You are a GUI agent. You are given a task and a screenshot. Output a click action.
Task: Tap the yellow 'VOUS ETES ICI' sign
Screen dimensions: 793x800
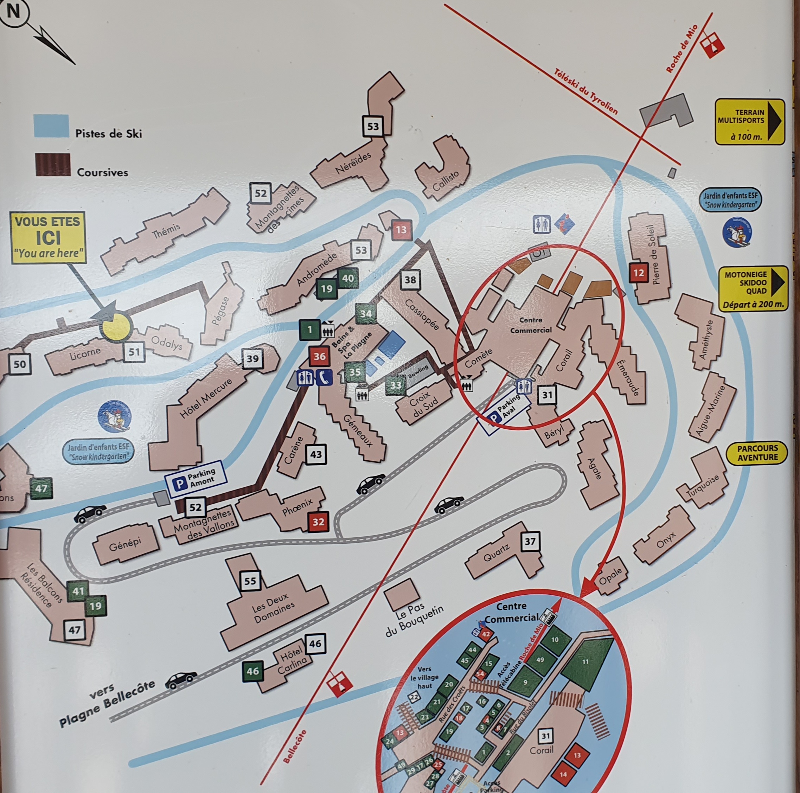[x=49, y=238]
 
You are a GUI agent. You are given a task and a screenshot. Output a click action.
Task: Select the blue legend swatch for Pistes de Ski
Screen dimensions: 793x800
[x=51, y=126]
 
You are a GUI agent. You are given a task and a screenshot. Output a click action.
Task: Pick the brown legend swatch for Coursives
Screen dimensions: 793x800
[x=53, y=165]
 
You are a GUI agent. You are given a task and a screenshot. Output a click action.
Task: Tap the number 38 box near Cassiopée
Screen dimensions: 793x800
[x=410, y=280]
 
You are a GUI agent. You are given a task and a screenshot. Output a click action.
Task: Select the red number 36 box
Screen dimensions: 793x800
[x=319, y=356]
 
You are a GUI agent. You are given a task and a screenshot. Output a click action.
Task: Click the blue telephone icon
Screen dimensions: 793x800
[x=324, y=378]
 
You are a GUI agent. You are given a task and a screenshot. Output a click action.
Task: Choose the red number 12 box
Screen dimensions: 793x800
[x=639, y=273]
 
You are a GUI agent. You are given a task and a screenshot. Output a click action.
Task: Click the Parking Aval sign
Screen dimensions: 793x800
[x=504, y=410]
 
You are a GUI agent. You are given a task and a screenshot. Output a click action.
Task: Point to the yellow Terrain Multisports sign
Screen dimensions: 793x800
[x=749, y=122]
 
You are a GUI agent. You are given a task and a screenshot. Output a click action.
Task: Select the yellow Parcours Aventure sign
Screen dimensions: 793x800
[x=757, y=453]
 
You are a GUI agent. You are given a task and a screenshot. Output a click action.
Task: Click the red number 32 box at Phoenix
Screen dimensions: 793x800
[x=318, y=522]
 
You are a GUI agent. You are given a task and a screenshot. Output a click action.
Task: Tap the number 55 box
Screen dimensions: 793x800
[x=250, y=581]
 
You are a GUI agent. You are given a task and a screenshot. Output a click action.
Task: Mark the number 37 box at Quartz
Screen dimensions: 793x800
[x=530, y=541]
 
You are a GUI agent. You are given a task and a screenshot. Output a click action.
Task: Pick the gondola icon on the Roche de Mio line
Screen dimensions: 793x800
[x=712, y=44]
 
